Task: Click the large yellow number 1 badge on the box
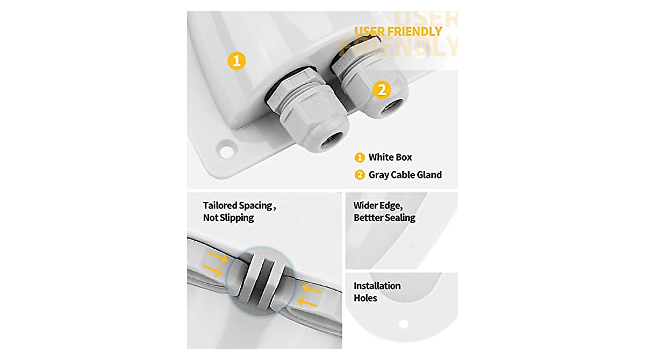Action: tap(236, 61)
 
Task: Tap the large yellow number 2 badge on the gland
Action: tap(381, 90)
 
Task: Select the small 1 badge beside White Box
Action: tap(360, 158)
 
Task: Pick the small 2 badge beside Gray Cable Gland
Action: tap(360, 175)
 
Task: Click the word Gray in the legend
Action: tap(379, 175)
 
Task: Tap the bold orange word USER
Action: tap(371, 31)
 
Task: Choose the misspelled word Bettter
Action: tap(371, 218)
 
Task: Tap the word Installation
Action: tap(377, 286)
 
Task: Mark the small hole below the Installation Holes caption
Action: tap(403, 324)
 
